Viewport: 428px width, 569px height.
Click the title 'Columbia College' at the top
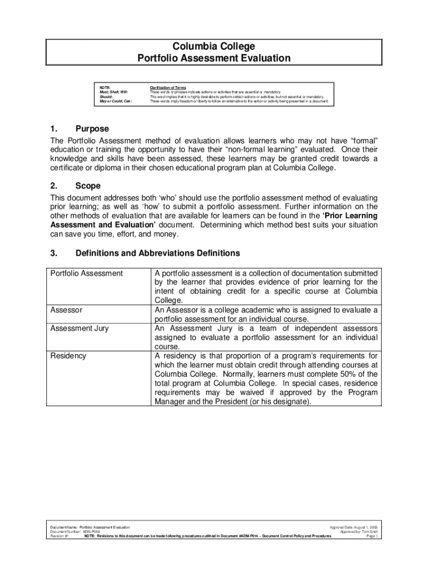tap(214, 46)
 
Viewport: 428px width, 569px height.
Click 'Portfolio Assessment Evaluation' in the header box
tap(214, 58)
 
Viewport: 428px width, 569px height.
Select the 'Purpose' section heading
tap(92, 129)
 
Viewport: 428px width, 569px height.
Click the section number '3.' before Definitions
tap(54, 253)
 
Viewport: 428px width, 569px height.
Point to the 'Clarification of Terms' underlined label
tap(168, 87)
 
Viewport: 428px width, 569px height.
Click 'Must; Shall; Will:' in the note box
tap(113, 92)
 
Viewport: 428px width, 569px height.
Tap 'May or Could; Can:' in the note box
tap(116, 102)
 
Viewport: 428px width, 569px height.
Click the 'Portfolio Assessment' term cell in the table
tap(86, 273)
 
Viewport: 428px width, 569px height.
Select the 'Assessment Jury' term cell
tap(79, 328)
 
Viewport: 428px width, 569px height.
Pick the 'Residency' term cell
tap(68, 356)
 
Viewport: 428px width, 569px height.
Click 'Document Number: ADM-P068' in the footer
tap(70, 531)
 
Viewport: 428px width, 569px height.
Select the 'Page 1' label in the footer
tap(372, 536)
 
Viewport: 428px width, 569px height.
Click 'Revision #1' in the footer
tap(59, 536)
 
